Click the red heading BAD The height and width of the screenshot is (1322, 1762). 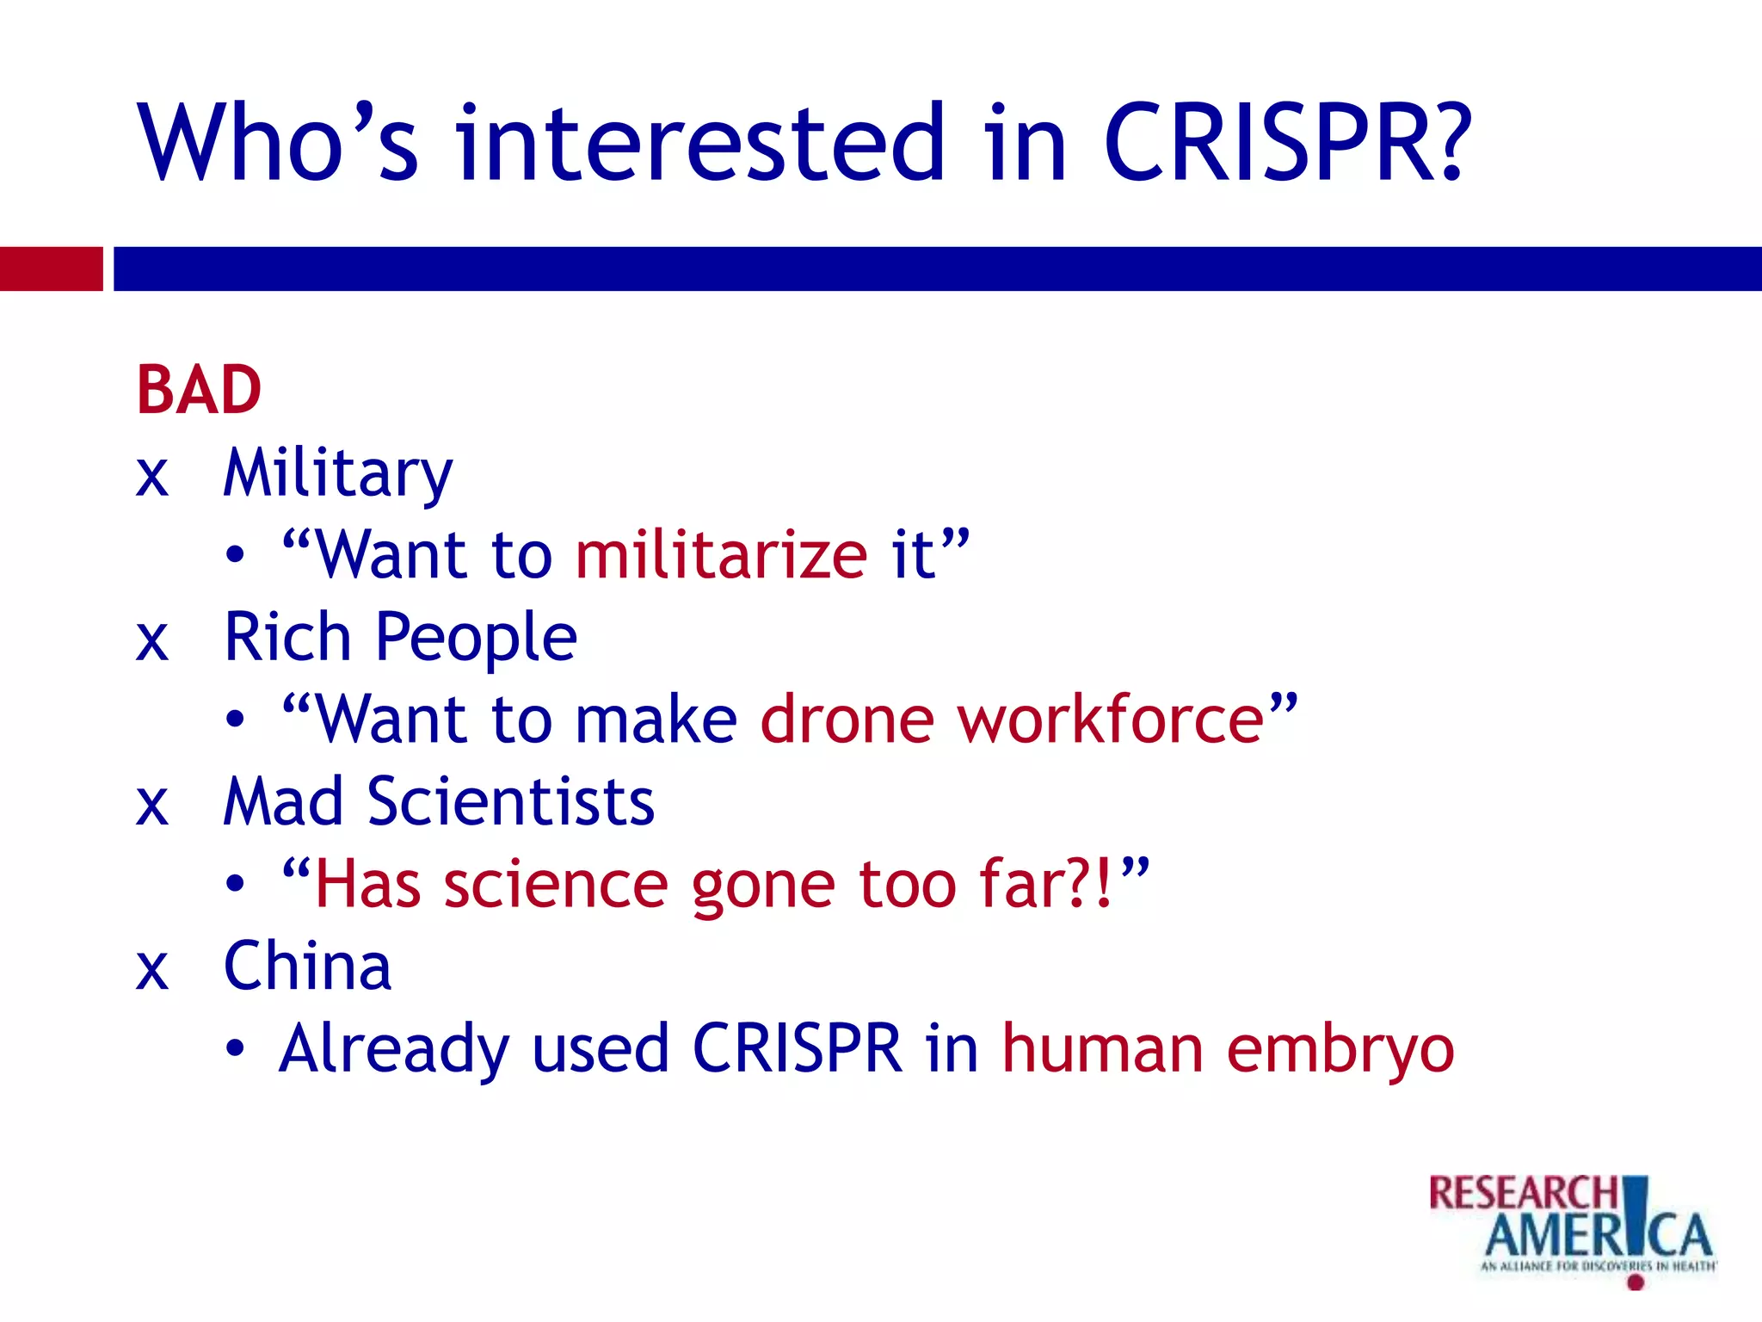199,390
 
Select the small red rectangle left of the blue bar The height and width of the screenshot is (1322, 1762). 51,269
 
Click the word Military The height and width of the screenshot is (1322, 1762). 337,473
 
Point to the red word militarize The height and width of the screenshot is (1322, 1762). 721,555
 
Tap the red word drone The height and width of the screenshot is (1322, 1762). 847,720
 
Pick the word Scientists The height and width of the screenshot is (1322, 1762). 511,802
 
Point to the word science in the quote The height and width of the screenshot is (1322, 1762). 556,885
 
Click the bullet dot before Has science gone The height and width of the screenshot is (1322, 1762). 235,884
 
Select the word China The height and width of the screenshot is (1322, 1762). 307,967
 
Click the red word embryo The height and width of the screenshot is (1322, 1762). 1340,1050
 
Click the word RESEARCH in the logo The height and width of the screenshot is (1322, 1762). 1524,1194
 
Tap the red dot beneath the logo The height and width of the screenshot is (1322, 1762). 1636,1282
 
